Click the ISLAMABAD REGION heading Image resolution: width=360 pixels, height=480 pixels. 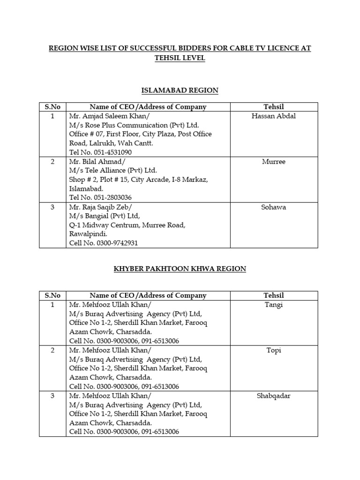click(x=180, y=90)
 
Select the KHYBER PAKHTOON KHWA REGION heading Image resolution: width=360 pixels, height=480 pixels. click(x=180, y=269)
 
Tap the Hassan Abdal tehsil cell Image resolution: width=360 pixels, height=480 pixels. click(x=274, y=116)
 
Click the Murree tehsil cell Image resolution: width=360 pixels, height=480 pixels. click(x=274, y=162)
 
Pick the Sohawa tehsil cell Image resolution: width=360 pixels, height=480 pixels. click(x=274, y=207)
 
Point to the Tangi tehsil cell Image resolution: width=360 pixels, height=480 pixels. click(x=274, y=305)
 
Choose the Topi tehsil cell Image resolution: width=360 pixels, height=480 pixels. click(x=274, y=350)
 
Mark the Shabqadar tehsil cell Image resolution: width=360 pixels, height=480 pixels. click(x=274, y=396)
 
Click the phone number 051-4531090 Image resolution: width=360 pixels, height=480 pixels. click(x=114, y=152)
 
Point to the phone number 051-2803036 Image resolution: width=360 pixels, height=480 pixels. click(x=114, y=198)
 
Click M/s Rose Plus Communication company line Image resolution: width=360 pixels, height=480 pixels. click(x=134, y=125)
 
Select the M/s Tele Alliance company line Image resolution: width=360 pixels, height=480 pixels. click(x=113, y=171)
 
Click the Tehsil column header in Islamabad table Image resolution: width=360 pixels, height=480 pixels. click(x=274, y=107)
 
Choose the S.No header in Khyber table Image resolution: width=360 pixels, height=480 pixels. click(x=53, y=295)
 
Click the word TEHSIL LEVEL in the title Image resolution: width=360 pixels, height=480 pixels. click(x=180, y=58)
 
